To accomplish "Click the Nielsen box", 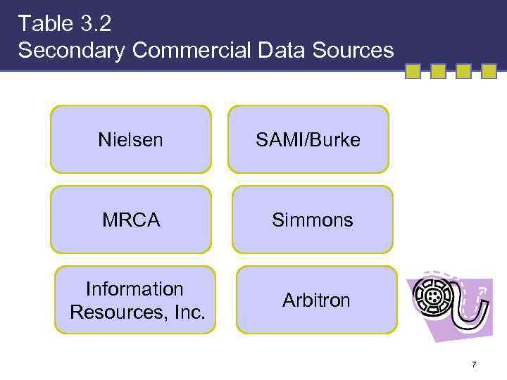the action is click(131, 139).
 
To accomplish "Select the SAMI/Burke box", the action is click(308, 139).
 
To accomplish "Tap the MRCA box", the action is click(131, 220).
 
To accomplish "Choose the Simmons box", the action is click(313, 220).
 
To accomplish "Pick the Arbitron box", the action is click(316, 300).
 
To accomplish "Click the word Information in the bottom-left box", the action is click(134, 289).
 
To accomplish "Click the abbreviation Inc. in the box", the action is click(189, 311).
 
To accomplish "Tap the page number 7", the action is click(474, 365).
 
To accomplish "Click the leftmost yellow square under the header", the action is click(413, 71).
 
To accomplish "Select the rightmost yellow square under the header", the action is click(489, 71).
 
